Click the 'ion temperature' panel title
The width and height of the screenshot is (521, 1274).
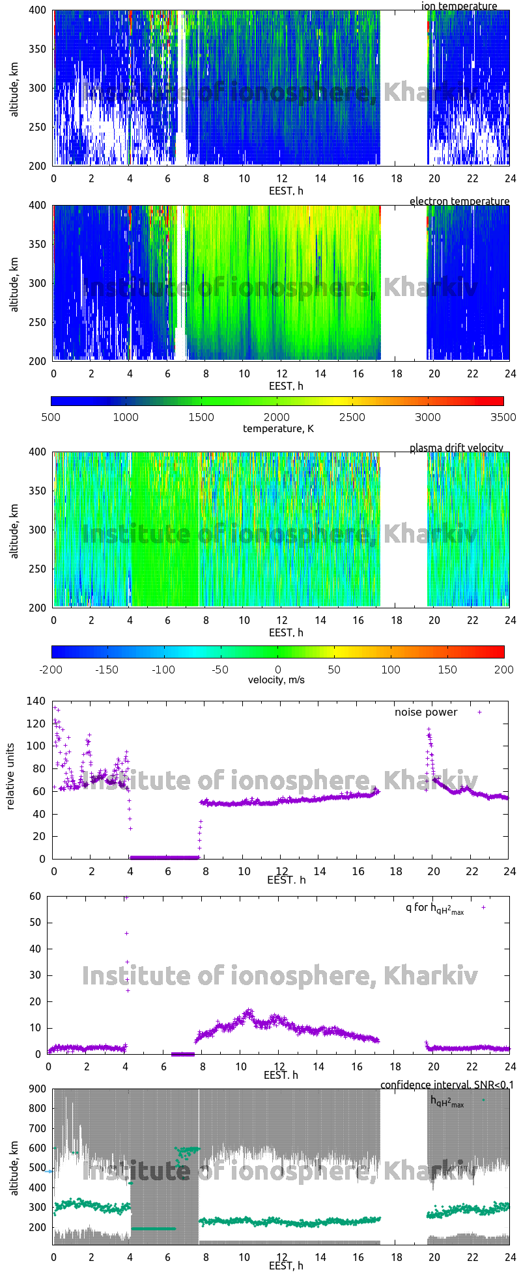(459, 6)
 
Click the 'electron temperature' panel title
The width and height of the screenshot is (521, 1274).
(459, 201)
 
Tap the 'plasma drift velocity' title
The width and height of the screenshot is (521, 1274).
(456, 448)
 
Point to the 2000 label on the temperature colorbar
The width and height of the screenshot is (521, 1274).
(277, 417)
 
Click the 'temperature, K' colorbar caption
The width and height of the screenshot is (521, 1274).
(278, 428)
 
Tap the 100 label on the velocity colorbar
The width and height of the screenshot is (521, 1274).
(391, 669)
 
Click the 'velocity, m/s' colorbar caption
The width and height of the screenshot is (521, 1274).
(276, 680)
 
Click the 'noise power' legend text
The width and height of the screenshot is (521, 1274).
(426, 712)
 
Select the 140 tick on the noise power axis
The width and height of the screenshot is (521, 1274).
(36, 701)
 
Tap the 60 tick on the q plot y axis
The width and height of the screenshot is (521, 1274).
(35, 896)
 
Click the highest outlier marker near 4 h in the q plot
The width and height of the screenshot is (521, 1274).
(126, 898)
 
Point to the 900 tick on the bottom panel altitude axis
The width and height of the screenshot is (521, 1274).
(36, 1089)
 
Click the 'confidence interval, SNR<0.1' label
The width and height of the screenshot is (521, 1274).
(447, 1085)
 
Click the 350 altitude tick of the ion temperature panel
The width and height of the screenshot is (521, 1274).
(38, 49)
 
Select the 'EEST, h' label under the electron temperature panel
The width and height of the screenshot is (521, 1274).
(286, 386)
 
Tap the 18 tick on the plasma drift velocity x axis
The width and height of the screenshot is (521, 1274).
(396, 620)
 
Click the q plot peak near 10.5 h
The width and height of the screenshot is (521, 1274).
(248, 1010)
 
